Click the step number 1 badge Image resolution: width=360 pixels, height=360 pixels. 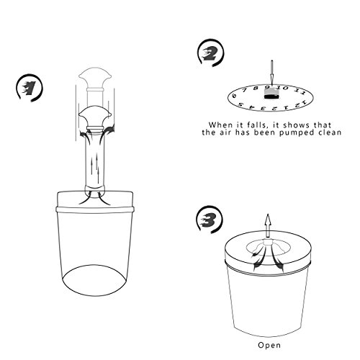29,88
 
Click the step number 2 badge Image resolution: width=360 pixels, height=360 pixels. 210,53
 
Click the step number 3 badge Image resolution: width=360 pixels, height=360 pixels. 210,220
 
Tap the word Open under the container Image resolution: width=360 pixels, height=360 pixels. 269,346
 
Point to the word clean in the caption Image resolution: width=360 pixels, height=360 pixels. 330,132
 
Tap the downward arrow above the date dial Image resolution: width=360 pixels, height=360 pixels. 272,71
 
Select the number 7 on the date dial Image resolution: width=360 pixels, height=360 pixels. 245,90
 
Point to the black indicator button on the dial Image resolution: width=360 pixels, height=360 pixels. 271,96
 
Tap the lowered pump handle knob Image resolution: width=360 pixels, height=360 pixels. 95,117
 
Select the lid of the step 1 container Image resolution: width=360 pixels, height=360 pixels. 94,202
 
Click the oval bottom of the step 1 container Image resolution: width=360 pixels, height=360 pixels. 94,280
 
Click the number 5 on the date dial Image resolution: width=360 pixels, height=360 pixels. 240,104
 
